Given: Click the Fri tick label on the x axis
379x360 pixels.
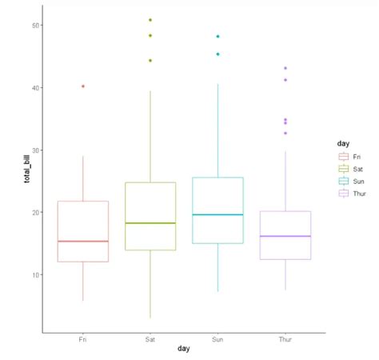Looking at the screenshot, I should click(x=83, y=340).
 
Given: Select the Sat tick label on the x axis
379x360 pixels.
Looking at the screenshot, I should click(x=150, y=340).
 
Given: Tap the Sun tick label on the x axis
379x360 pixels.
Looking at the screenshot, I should click(x=217, y=340).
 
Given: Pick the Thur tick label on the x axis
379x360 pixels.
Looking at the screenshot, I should click(x=285, y=340).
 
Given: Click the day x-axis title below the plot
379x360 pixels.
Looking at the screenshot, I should click(x=184, y=350).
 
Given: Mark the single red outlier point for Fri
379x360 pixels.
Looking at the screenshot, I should click(x=83, y=86).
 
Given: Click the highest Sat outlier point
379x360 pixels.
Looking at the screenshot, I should click(x=150, y=20).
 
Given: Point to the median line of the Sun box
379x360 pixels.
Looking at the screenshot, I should click(x=217, y=214).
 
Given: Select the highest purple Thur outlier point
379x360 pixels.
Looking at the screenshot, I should click(x=285, y=68).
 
